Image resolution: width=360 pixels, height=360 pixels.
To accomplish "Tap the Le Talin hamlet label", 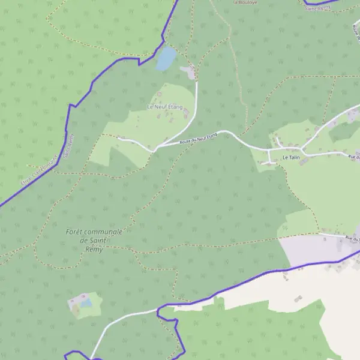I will click(291, 157).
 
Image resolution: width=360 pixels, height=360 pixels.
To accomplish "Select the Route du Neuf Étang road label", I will click(198, 139).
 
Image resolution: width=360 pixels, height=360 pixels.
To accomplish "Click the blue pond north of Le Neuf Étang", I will click(166, 59).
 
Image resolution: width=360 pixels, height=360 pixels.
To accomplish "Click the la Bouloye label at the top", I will click(244, 2).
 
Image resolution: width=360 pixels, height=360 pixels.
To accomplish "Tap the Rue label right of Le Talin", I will click(353, 157).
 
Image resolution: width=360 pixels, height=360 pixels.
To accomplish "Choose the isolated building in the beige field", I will click(298, 298).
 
